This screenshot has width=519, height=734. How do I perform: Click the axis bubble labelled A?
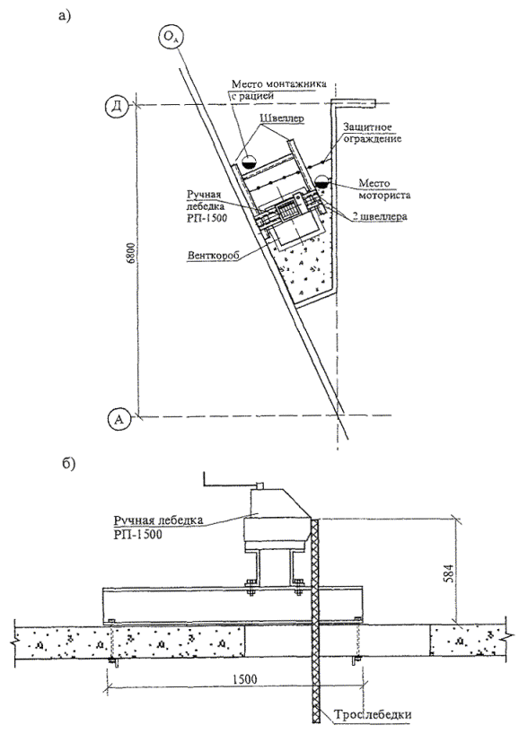(x=119, y=419)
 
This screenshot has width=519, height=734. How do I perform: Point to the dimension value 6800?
(x=133, y=259)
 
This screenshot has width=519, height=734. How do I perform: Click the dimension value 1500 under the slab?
(x=243, y=678)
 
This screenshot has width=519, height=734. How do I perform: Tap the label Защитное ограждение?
(x=372, y=133)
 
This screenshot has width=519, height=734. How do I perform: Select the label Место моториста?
(x=384, y=189)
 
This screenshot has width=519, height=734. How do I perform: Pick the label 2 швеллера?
(x=380, y=217)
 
